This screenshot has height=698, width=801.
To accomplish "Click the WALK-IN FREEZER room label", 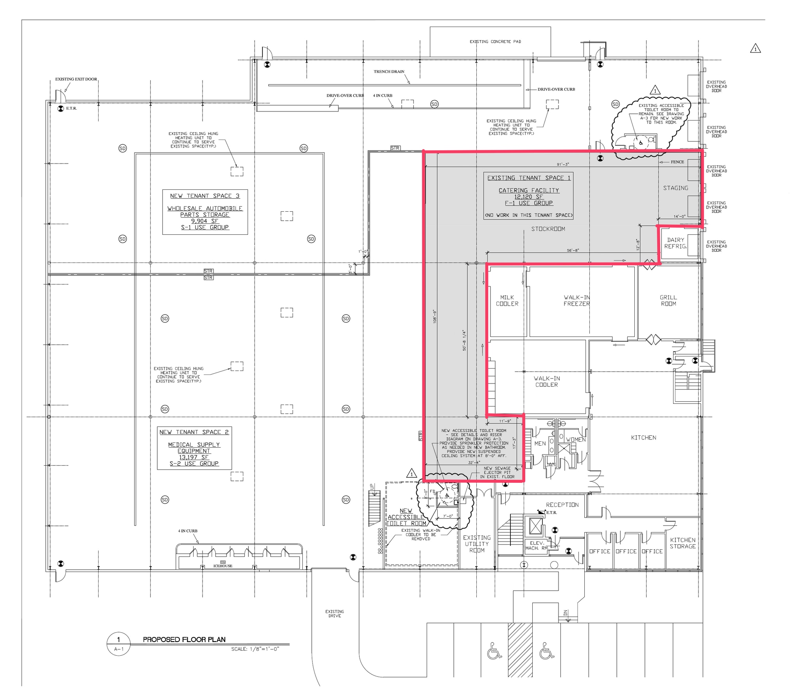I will [x=577, y=300].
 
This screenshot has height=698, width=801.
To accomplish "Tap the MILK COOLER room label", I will [x=507, y=300].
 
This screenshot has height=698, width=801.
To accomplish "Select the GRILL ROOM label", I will [x=668, y=300].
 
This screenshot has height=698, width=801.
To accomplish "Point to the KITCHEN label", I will [x=643, y=437].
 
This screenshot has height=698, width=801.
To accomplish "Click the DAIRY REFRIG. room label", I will [x=675, y=243].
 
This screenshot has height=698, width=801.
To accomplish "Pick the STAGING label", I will [x=675, y=188].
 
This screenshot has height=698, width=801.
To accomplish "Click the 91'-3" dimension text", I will [x=563, y=164].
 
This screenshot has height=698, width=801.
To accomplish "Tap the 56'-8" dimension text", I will [x=573, y=250].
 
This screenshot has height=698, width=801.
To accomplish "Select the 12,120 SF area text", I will [x=528, y=197].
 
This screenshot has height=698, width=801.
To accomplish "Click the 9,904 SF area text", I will [x=205, y=221].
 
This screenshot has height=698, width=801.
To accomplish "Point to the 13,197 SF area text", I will [x=194, y=457].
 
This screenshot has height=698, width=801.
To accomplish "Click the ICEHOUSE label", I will [x=223, y=566].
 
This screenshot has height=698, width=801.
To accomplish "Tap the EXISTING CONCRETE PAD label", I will [x=495, y=41].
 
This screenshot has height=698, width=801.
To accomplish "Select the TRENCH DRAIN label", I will [x=389, y=72].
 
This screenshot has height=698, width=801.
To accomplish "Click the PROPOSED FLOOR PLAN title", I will [x=184, y=639].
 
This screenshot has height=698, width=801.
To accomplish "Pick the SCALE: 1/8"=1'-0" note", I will [x=255, y=649].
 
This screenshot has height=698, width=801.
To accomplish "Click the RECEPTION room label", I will [x=562, y=505].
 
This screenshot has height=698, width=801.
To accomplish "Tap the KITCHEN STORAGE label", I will [x=682, y=543].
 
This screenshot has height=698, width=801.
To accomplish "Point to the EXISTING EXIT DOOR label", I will [x=76, y=79].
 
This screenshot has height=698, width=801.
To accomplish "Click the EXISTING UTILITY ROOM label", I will [x=476, y=544].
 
